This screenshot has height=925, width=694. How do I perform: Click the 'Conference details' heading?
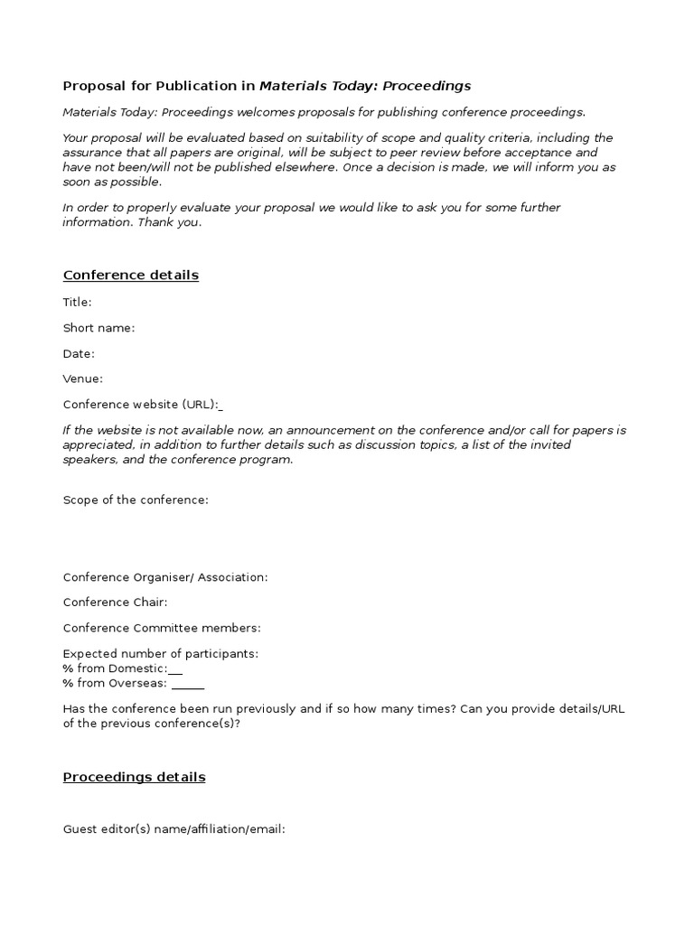(x=131, y=276)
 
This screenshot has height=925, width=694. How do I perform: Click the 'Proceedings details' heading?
(x=134, y=777)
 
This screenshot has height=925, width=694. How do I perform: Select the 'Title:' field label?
(x=78, y=303)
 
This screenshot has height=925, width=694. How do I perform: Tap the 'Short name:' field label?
(x=98, y=328)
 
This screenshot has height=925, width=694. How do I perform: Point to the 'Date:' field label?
(x=79, y=353)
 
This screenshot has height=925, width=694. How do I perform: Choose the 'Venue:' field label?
(x=83, y=378)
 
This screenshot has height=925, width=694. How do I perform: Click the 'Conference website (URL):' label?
(x=141, y=404)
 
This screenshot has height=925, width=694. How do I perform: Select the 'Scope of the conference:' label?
(x=136, y=500)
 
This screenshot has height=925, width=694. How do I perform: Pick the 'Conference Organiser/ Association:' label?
(x=165, y=577)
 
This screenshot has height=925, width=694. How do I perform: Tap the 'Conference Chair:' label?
(x=115, y=603)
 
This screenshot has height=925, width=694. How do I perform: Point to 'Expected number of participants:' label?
(x=161, y=653)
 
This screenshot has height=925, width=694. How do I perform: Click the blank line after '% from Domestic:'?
(x=176, y=671)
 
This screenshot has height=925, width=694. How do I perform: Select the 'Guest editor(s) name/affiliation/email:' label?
(x=174, y=828)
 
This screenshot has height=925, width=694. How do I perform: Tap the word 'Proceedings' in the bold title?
(x=427, y=87)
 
